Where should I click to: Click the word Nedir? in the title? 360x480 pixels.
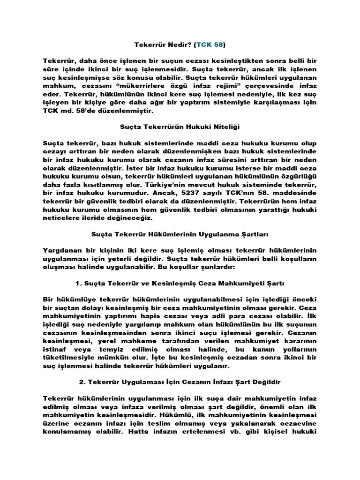point(173,45)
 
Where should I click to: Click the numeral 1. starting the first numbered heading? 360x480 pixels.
point(78,284)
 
